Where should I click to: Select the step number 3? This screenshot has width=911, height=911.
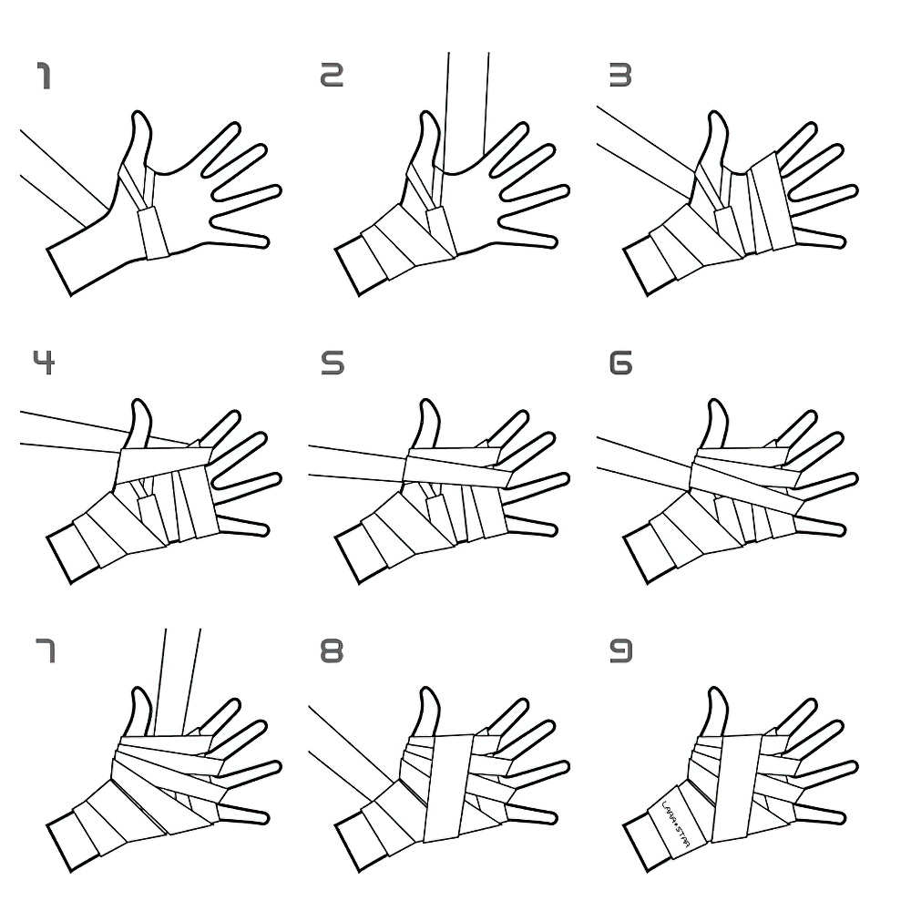[620, 77]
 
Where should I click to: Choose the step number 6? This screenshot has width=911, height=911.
[620, 363]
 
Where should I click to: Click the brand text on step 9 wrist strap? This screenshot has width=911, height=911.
[675, 823]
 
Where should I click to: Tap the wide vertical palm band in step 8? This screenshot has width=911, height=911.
[448, 783]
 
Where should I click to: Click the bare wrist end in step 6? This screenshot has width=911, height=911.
[641, 556]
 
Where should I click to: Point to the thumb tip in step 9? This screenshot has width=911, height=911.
[716, 696]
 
